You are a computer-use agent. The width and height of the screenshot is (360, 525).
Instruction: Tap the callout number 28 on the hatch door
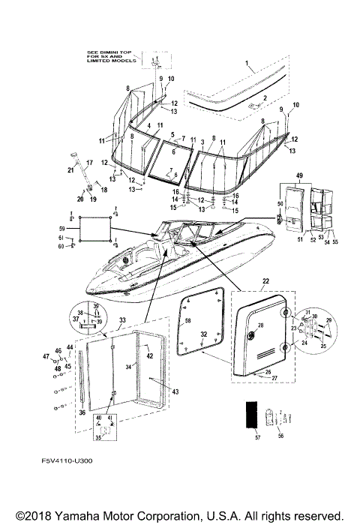(x=260, y=325)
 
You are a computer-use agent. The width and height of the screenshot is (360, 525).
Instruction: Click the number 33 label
(x=121, y=319)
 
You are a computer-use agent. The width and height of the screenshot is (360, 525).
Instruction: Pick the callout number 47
(x=46, y=356)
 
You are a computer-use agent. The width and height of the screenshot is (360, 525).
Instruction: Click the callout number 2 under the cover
(x=263, y=99)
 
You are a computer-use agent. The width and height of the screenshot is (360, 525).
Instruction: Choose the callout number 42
(x=149, y=355)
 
